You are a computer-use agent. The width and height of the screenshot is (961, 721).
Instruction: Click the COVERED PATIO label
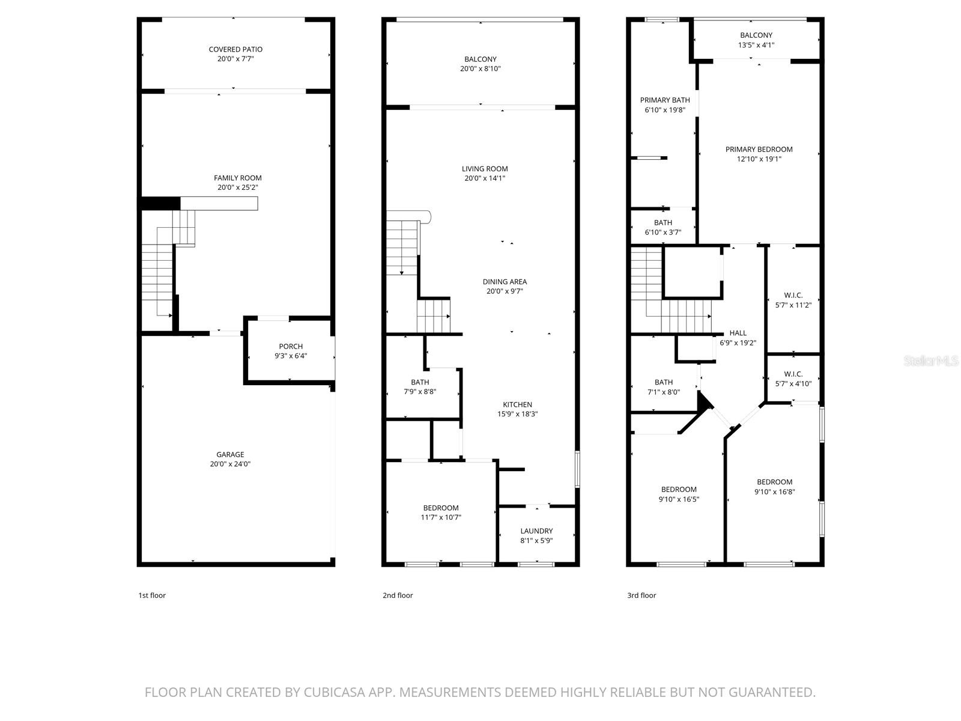[x=235, y=49]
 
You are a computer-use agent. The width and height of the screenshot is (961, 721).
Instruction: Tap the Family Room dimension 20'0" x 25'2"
[x=238, y=187]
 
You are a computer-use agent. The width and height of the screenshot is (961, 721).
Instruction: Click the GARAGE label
[x=230, y=455]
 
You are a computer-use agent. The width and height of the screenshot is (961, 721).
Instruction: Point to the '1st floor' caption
[x=152, y=595]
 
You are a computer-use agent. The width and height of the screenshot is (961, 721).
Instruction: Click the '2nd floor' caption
[x=398, y=595]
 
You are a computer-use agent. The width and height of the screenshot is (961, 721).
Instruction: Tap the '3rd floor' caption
[x=641, y=595]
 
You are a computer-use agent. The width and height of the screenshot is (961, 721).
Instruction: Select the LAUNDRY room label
[x=536, y=531]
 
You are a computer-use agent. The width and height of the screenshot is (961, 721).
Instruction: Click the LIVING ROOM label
[x=485, y=169]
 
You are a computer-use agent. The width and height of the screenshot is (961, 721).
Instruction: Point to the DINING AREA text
[x=505, y=282]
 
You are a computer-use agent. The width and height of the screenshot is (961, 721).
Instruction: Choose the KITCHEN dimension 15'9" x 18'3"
[x=517, y=414]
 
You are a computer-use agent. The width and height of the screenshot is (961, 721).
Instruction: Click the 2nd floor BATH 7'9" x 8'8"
[x=420, y=387]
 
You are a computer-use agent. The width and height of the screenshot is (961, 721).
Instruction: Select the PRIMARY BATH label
[x=664, y=100]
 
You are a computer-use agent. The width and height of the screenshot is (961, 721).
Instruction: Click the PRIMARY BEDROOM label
[x=759, y=150]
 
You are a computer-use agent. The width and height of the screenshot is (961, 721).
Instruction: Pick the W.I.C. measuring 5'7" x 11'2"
[x=793, y=300]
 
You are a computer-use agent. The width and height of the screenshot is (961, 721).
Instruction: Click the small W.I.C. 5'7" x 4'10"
[x=793, y=379]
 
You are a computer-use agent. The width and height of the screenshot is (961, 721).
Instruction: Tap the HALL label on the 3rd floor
[x=738, y=333]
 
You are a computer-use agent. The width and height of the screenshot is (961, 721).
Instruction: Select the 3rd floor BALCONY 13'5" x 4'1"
[x=756, y=40]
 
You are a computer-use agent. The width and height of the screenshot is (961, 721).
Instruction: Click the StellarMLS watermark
[x=931, y=360]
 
